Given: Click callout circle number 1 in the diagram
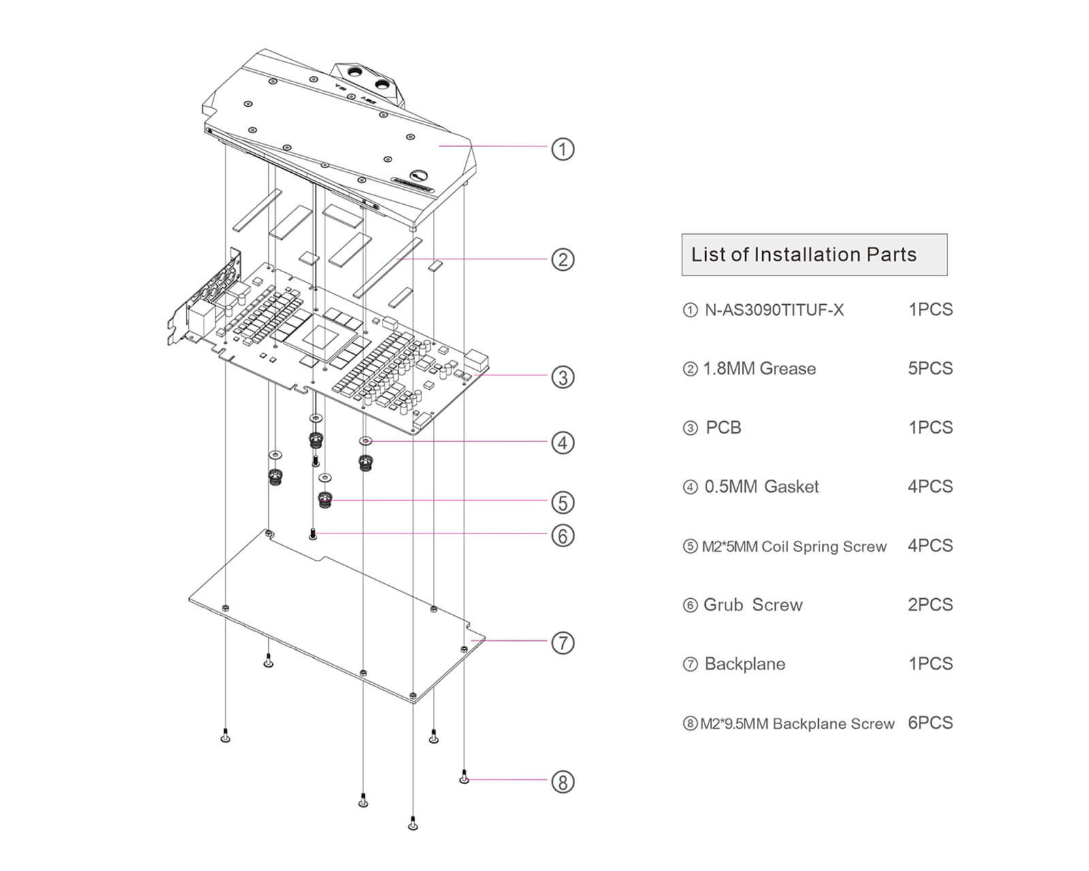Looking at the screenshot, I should tap(562, 149).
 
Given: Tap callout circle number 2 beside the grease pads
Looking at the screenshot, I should tap(562, 259).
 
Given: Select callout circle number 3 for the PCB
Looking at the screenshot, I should tap(562, 377).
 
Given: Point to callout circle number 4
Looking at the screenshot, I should tap(562, 443).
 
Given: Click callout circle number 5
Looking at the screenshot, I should tap(562, 503).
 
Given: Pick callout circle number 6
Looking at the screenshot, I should tap(562, 536).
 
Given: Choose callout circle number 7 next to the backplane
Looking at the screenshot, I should tap(562, 642).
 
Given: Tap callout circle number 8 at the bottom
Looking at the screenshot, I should tap(562, 782).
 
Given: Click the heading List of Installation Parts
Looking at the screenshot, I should tap(804, 254).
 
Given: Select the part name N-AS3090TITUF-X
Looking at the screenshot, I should tap(774, 310).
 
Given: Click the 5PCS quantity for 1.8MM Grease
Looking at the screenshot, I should tap(930, 369).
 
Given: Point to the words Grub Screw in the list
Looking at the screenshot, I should tap(753, 605).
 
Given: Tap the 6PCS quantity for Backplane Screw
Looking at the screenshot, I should tap(930, 723).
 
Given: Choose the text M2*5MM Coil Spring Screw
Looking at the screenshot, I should tap(794, 546).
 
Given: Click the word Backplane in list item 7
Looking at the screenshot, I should tap(745, 664).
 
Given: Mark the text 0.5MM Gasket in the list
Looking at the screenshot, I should tap(761, 487).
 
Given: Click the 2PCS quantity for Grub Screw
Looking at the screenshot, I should tap(930, 605).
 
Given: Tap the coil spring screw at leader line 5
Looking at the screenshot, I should tap(325, 501).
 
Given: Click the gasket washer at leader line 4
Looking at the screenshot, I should tap(365, 441).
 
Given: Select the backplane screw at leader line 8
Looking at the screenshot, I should tap(464, 776).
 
